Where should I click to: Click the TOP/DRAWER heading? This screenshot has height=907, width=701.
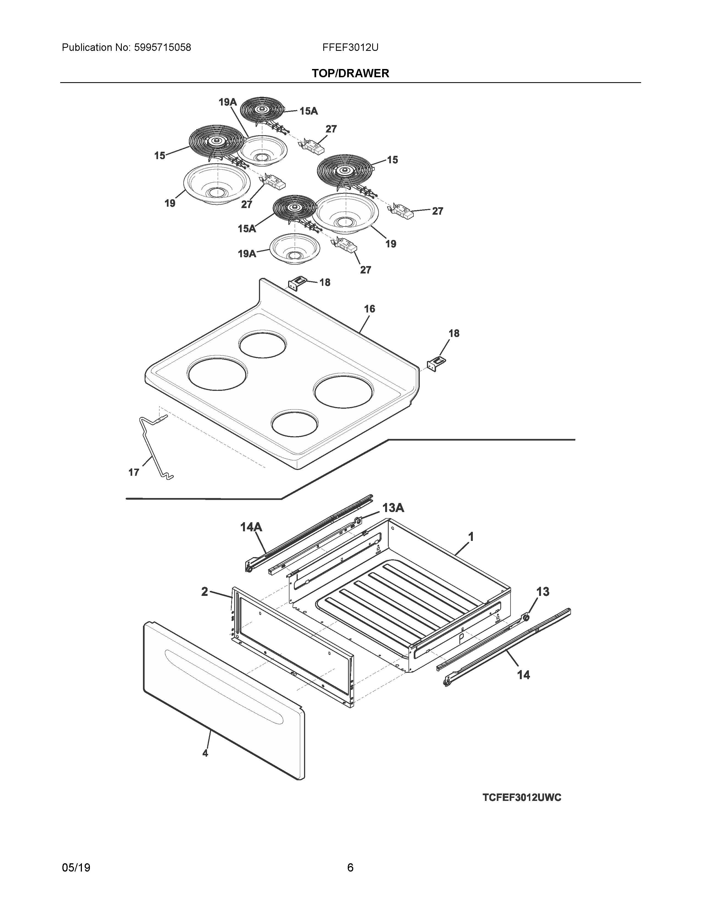point(350,73)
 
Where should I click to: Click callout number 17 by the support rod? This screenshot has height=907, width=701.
point(133,472)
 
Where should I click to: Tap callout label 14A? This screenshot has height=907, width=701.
point(251,527)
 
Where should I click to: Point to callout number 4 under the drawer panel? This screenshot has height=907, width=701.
point(205,753)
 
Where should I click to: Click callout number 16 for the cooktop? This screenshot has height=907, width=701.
point(369,309)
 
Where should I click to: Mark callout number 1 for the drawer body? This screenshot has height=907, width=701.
point(471,537)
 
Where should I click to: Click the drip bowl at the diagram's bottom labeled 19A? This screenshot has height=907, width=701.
point(295,248)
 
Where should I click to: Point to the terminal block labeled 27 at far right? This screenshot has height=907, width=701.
point(401,212)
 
